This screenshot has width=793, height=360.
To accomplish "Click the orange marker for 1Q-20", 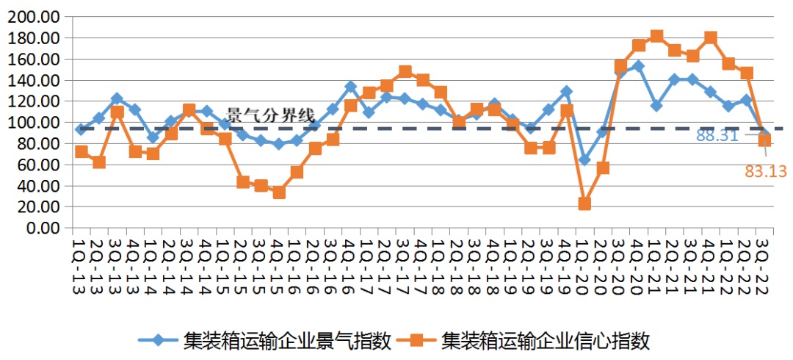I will click(584, 204).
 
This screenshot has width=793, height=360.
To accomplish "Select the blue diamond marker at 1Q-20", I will click(584, 159).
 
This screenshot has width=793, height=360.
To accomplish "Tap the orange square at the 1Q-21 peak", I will click(656, 36).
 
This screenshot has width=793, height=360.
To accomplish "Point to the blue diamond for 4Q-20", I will click(638, 66).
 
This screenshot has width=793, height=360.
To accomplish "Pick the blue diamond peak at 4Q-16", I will click(351, 87).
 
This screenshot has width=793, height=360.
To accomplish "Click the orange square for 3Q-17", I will click(405, 72).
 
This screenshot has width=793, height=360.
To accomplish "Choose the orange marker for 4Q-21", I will click(710, 37).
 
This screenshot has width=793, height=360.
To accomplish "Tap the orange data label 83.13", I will click(766, 172).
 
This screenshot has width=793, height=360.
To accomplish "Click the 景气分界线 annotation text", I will click(269, 115).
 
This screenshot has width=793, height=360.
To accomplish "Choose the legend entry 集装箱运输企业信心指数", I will click(525, 339).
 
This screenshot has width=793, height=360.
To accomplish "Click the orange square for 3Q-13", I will click(117, 112).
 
